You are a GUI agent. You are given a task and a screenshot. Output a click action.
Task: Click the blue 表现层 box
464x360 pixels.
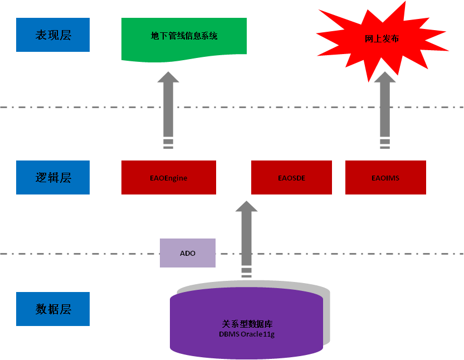(x=53, y=35)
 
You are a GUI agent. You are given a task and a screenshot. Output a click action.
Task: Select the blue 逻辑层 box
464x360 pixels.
(x=53, y=177)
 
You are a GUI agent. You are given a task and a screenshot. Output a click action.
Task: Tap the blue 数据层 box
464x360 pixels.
(x=53, y=309)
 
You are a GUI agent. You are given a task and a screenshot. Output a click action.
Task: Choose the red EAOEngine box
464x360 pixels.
(x=168, y=178)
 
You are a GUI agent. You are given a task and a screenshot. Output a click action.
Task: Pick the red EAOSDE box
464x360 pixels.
(x=291, y=178)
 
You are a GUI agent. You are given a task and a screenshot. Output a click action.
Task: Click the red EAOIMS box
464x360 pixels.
(x=385, y=178)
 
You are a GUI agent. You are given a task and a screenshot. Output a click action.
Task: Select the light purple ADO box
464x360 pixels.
(x=188, y=253)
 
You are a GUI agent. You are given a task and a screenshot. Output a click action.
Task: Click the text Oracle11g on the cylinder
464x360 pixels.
(x=257, y=334)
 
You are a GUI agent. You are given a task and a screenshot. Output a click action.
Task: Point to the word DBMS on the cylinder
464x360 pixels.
(x=229, y=334)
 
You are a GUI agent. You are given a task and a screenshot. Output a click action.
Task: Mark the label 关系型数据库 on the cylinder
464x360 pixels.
(x=247, y=324)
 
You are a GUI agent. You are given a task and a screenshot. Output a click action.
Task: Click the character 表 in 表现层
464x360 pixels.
(x=41, y=35)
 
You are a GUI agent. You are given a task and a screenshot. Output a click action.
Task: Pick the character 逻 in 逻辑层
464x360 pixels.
(x=41, y=177)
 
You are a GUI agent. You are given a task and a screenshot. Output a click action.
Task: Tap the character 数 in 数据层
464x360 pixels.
(x=41, y=309)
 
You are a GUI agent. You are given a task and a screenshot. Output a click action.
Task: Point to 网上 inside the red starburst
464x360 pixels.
(x=373, y=39)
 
